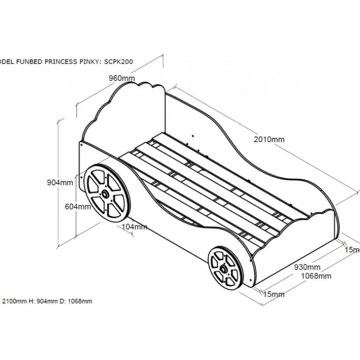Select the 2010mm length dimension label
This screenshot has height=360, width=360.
269,139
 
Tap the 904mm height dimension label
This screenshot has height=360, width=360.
60,182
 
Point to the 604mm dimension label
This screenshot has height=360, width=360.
78,207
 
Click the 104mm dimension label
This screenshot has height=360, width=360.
134,227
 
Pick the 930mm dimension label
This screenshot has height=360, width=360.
307,267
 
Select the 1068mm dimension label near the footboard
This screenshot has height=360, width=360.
316,276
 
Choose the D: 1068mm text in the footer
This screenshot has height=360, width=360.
75,301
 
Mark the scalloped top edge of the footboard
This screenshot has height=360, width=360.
323,215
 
